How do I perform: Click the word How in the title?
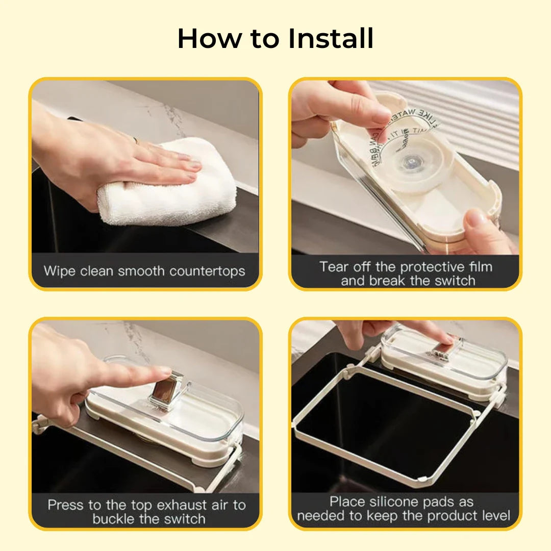pyautogui.click(x=209, y=39)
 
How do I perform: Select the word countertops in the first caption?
pyautogui.click(x=207, y=270)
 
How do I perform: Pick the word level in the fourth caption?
pyautogui.click(x=492, y=516)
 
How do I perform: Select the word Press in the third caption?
pyautogui.click(x=65, y=505)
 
